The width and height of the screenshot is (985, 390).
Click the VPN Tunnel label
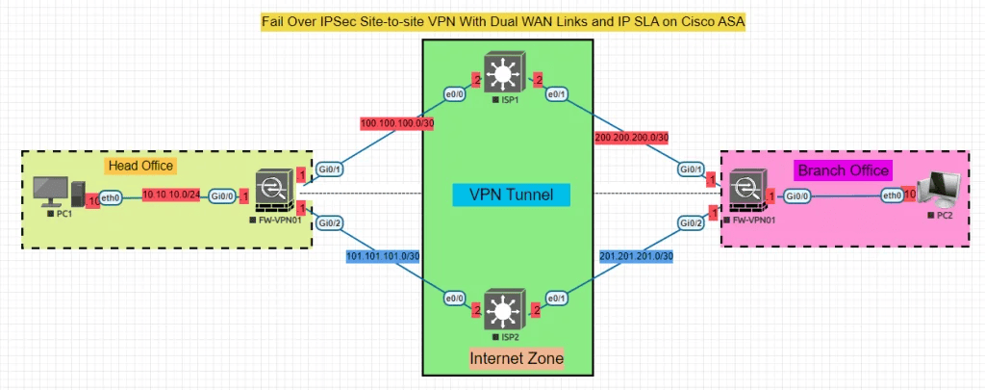[510, 195]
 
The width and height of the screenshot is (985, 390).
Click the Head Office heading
[140, 167]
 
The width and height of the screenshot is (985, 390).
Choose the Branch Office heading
[843, 169]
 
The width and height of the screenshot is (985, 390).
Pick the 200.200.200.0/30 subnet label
[632, 139]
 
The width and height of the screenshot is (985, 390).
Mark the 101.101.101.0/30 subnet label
[383, 256]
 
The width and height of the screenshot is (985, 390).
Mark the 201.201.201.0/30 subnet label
[636, 255]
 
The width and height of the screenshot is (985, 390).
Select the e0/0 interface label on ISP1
[452, 93]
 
